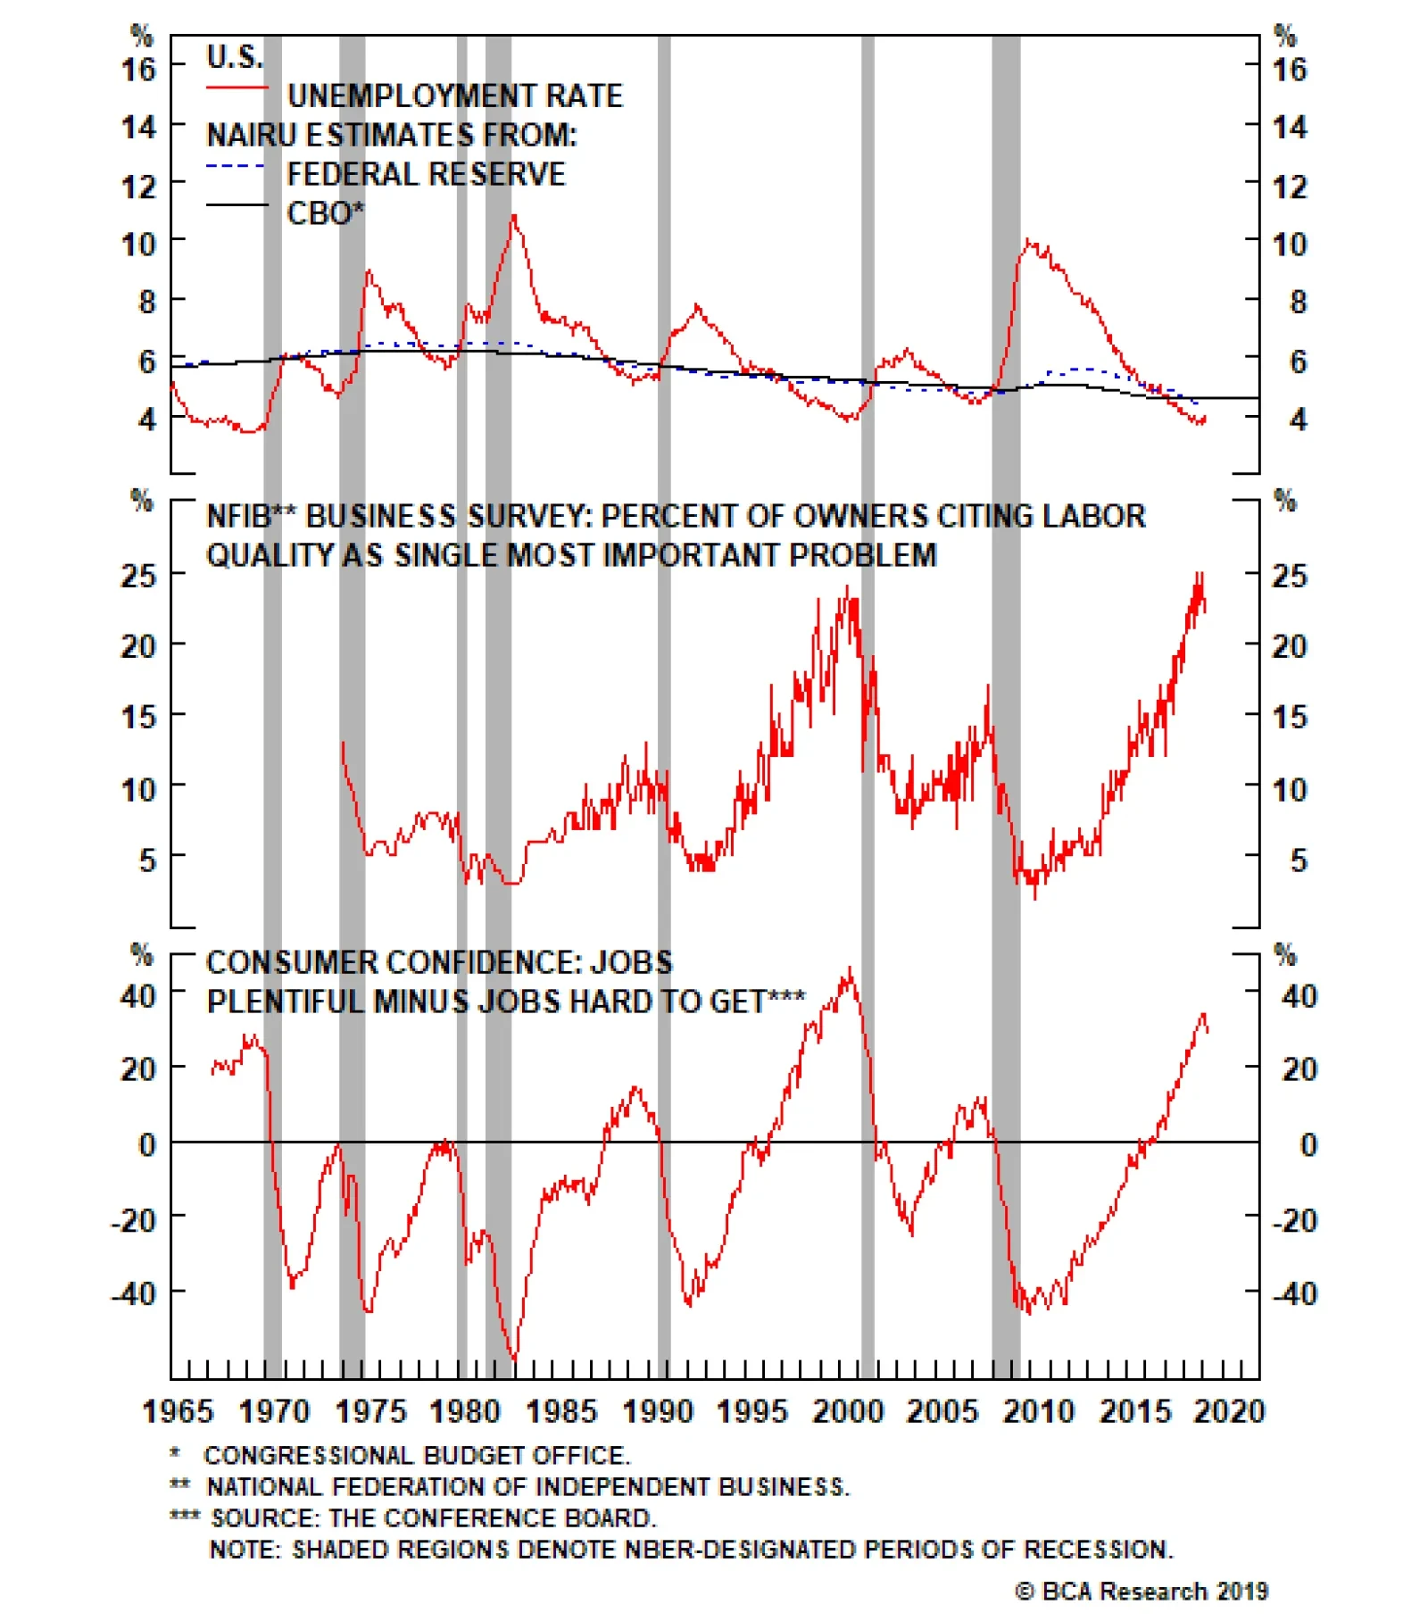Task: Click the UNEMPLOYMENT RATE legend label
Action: point(454,96)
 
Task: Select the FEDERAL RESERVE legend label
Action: point(426,174)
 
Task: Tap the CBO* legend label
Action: point(325,213)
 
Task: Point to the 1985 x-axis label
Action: point(560,1411)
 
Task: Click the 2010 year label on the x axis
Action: point(1038,1411)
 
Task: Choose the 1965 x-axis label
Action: point(178,1411)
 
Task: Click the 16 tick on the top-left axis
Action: point(138,69)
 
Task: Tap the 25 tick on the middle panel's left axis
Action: point(138,576)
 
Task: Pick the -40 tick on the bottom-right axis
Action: point(1293,1293)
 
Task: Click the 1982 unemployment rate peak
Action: point(513,217)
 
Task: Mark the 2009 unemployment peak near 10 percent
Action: point(1028,241)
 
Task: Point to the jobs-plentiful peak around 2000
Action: point(849,969)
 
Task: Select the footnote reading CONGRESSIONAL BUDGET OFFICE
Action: point(417,1456)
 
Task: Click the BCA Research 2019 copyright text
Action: point(1142,1591)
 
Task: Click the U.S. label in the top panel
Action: point(235,57)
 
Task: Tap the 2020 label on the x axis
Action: point(1229,1411)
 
